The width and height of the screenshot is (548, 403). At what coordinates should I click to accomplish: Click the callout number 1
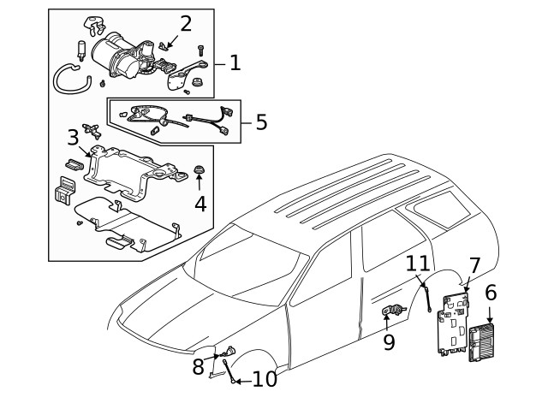(235, 62)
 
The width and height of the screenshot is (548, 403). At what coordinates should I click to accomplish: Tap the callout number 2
(185, 24)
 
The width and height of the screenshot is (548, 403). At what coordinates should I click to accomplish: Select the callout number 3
(74, 137)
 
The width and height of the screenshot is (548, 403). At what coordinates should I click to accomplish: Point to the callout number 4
(200, 204)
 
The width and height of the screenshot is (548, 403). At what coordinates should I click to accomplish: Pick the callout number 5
(261, 121)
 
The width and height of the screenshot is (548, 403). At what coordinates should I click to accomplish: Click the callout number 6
(491, 293)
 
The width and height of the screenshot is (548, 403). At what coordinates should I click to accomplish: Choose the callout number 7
(474, 266)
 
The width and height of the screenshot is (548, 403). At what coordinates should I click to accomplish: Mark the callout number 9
(389, 342)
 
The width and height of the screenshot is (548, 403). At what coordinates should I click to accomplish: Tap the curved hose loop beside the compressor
(68, 80)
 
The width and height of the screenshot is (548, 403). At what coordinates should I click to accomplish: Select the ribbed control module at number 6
(480, 341)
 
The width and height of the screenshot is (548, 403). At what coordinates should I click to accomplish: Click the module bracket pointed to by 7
(452, 321)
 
